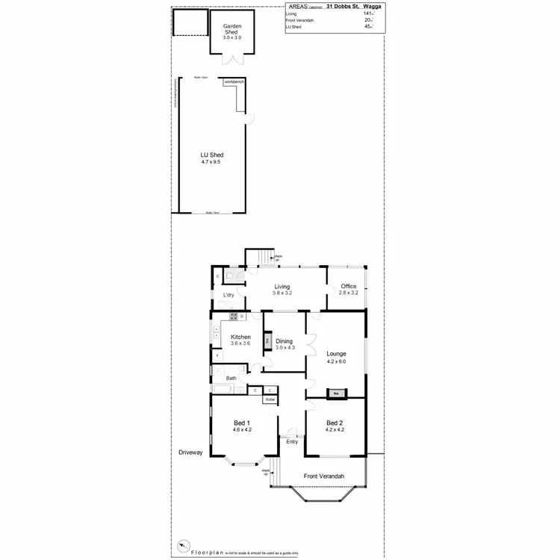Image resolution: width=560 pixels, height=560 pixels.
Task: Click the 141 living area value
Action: pyautogui.click(x=367, y=13)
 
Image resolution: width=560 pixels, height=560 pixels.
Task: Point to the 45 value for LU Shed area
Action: pyautogui.click(x=367, y=27)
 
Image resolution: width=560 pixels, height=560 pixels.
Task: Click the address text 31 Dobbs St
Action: pyautogui.click(x=335, y=6)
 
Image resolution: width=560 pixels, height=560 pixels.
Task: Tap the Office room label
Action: pyautogui.click(x=349, y=287)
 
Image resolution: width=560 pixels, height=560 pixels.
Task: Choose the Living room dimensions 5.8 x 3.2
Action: pyautogui.click(x=281, y=293)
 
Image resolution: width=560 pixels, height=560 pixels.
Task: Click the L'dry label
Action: pyautogui.click(x=229, y=296)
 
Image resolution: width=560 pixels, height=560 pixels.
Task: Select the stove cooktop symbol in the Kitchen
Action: pyautogui.click(x=234, y=316)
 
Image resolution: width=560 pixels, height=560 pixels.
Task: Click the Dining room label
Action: pyautogui.click(x=284, y=342)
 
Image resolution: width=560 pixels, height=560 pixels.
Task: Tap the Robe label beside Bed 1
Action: pyautogui.click(x=270, y=399)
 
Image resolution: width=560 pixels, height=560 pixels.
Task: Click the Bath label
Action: pyautogui.click(x=231, y=378)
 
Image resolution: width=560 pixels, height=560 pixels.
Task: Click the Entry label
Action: pyautogui.click(x=292, y=441)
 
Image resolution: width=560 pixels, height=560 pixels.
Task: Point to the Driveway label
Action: pyautogui.click(x=191, y=452)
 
